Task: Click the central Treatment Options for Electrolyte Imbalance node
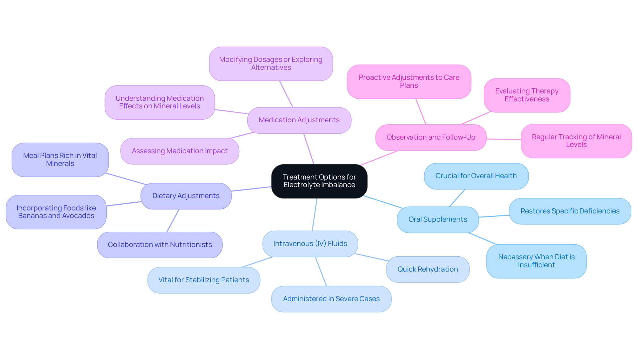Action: pos(319,181)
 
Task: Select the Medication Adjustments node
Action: pos(299,120)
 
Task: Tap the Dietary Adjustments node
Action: pos(186,196)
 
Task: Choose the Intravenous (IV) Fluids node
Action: pos(310,244)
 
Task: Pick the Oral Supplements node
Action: pos(438,219)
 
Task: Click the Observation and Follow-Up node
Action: pos(431,137)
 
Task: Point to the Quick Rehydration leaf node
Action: pos(428,269)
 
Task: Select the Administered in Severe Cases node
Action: pos(331,299)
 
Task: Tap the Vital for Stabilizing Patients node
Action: pos(204,280)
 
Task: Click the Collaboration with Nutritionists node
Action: pos(160,245)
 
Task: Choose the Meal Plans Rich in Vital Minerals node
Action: pos(60,160)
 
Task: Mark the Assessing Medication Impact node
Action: pos(180,151)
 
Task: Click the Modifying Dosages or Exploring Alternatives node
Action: pos(271,63)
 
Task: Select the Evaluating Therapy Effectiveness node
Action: pos(527,95)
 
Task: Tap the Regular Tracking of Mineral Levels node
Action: pos(576,141)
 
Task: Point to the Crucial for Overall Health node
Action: pos(476,176)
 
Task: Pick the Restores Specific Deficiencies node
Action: pos(570,211)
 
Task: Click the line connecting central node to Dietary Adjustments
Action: pos(252,189)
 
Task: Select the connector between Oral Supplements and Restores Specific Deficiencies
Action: pos(494,216)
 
